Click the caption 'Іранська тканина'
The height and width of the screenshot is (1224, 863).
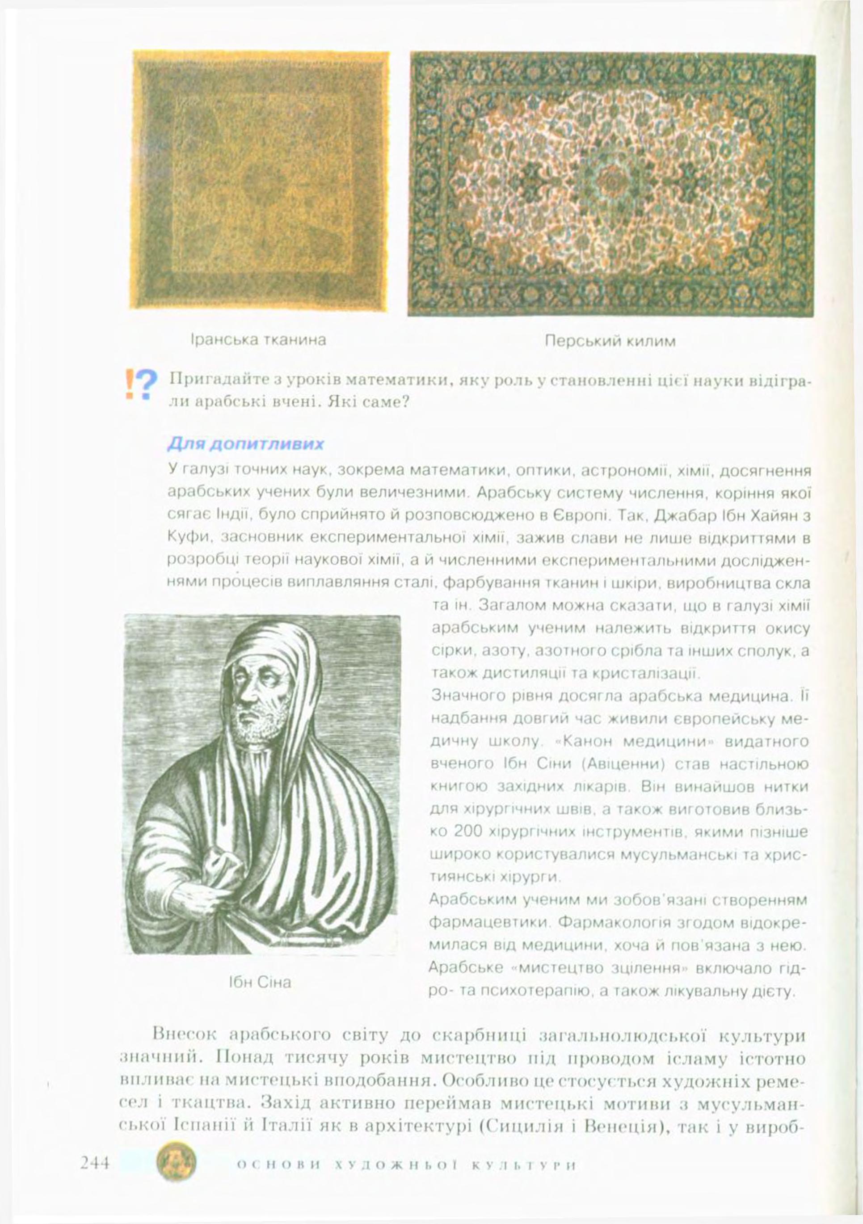(x=258, y=340)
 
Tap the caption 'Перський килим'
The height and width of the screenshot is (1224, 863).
(x=610, y=341)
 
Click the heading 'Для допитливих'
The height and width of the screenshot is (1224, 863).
(x=246, y=443)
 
